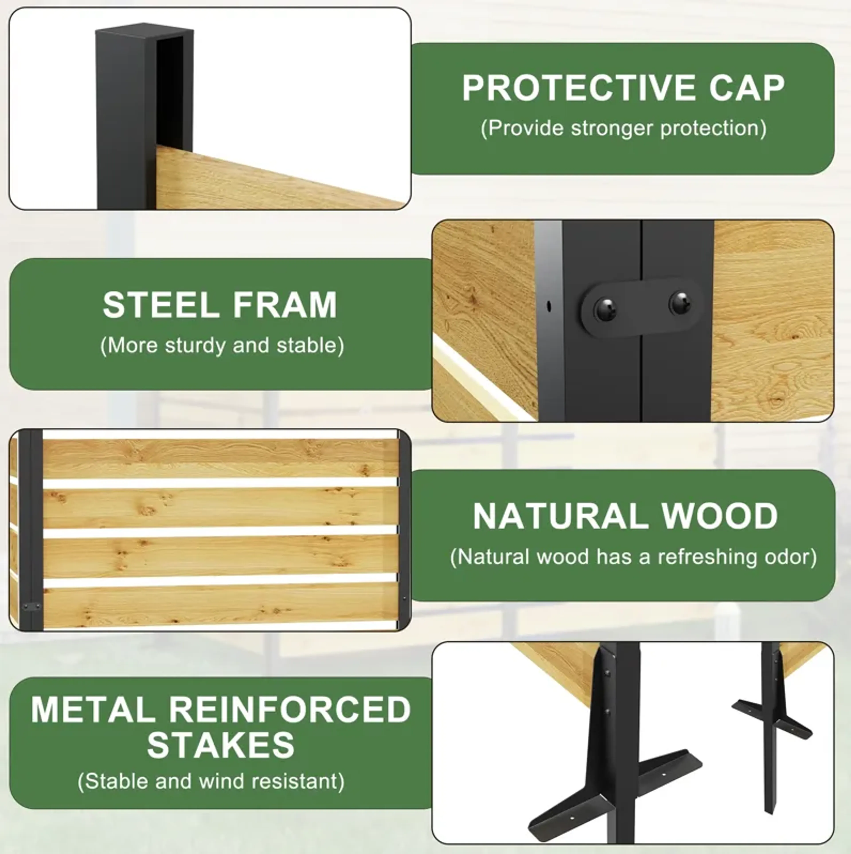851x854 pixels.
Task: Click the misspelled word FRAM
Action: [x=285, y=305]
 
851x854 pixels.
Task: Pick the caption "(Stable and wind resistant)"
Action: [x=211, y=781]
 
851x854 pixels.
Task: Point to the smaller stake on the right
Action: [x=772, y=725]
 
